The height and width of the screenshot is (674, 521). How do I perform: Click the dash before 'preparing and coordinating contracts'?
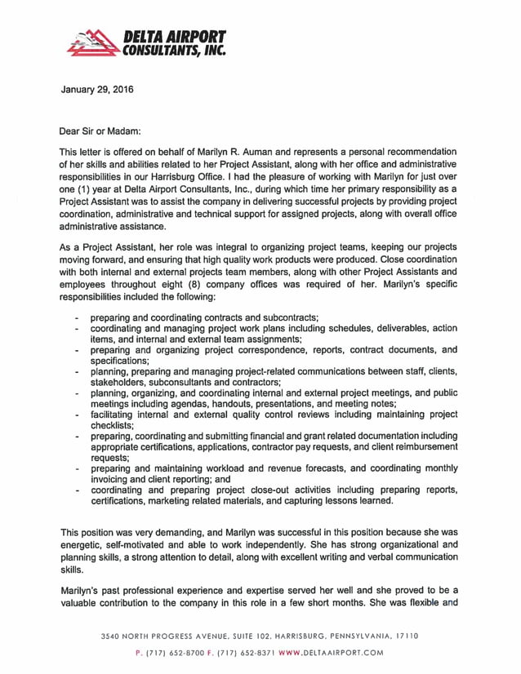(76, 317)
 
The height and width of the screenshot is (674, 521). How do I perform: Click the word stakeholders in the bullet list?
(120, 382)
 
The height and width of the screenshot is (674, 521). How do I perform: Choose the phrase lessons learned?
(335, 501)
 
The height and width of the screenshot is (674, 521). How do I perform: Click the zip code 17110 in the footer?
(404, 635)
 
